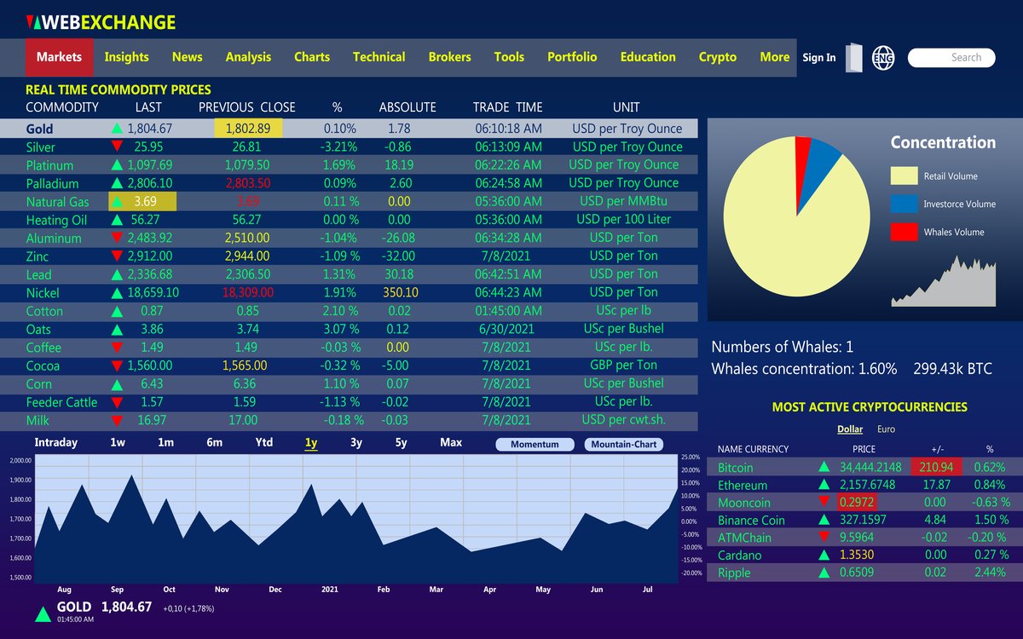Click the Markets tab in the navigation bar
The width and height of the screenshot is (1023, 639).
59,57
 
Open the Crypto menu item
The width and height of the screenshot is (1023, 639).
717,57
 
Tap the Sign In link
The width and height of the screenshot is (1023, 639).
818,58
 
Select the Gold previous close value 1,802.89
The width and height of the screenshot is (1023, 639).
247,129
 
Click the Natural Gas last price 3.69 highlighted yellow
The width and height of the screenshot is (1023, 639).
142,202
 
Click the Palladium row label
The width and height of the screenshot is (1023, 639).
52,183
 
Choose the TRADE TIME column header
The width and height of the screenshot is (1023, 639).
507,107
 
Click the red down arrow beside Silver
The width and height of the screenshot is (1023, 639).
117,147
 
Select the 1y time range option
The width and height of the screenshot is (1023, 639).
311,442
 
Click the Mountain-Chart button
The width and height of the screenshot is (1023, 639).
623,444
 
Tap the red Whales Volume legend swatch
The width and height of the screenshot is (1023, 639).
904,232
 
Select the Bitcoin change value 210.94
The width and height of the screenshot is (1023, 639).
937,467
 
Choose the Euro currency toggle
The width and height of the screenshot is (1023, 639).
886,429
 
